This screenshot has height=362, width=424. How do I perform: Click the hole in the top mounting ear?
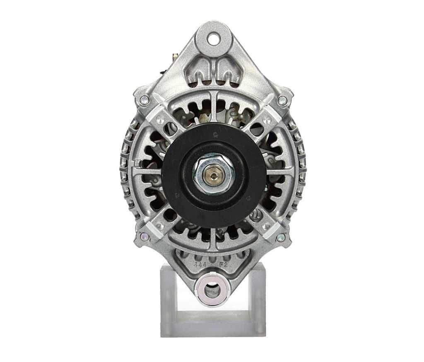click(214, 40)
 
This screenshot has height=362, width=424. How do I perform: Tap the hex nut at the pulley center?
click(213, 174)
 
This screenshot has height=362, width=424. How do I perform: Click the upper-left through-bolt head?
click(145, 100)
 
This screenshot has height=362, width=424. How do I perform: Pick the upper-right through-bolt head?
click(282, 100)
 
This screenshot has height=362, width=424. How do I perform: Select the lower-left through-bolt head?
click(145, 237)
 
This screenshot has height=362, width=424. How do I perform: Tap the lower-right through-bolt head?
click(281, 237)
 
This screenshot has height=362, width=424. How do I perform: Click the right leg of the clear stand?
click(258, 300)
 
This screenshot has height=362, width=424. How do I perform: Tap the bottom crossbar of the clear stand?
click(213, 327)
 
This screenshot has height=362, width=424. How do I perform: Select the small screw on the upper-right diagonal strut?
click(266, 120)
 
